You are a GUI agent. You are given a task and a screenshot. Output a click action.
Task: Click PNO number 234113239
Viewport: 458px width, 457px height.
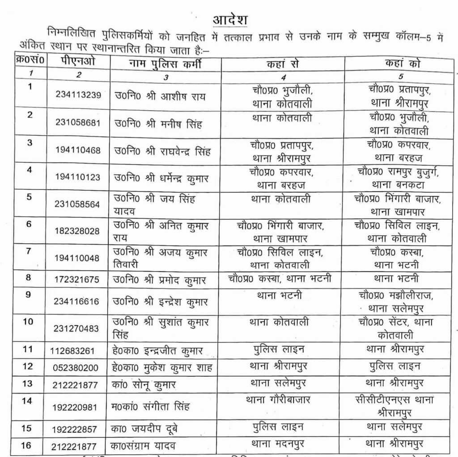78,95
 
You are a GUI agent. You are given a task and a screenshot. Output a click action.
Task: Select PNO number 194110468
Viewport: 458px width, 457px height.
78,150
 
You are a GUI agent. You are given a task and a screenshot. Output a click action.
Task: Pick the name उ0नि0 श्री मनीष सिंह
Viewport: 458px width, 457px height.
157,123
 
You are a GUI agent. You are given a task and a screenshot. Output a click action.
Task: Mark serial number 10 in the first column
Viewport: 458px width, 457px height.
28,322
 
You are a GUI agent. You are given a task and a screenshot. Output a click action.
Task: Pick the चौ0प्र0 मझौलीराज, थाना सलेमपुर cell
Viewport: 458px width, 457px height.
397,302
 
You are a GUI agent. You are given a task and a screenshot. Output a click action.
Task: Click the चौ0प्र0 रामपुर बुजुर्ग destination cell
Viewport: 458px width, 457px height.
397,177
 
